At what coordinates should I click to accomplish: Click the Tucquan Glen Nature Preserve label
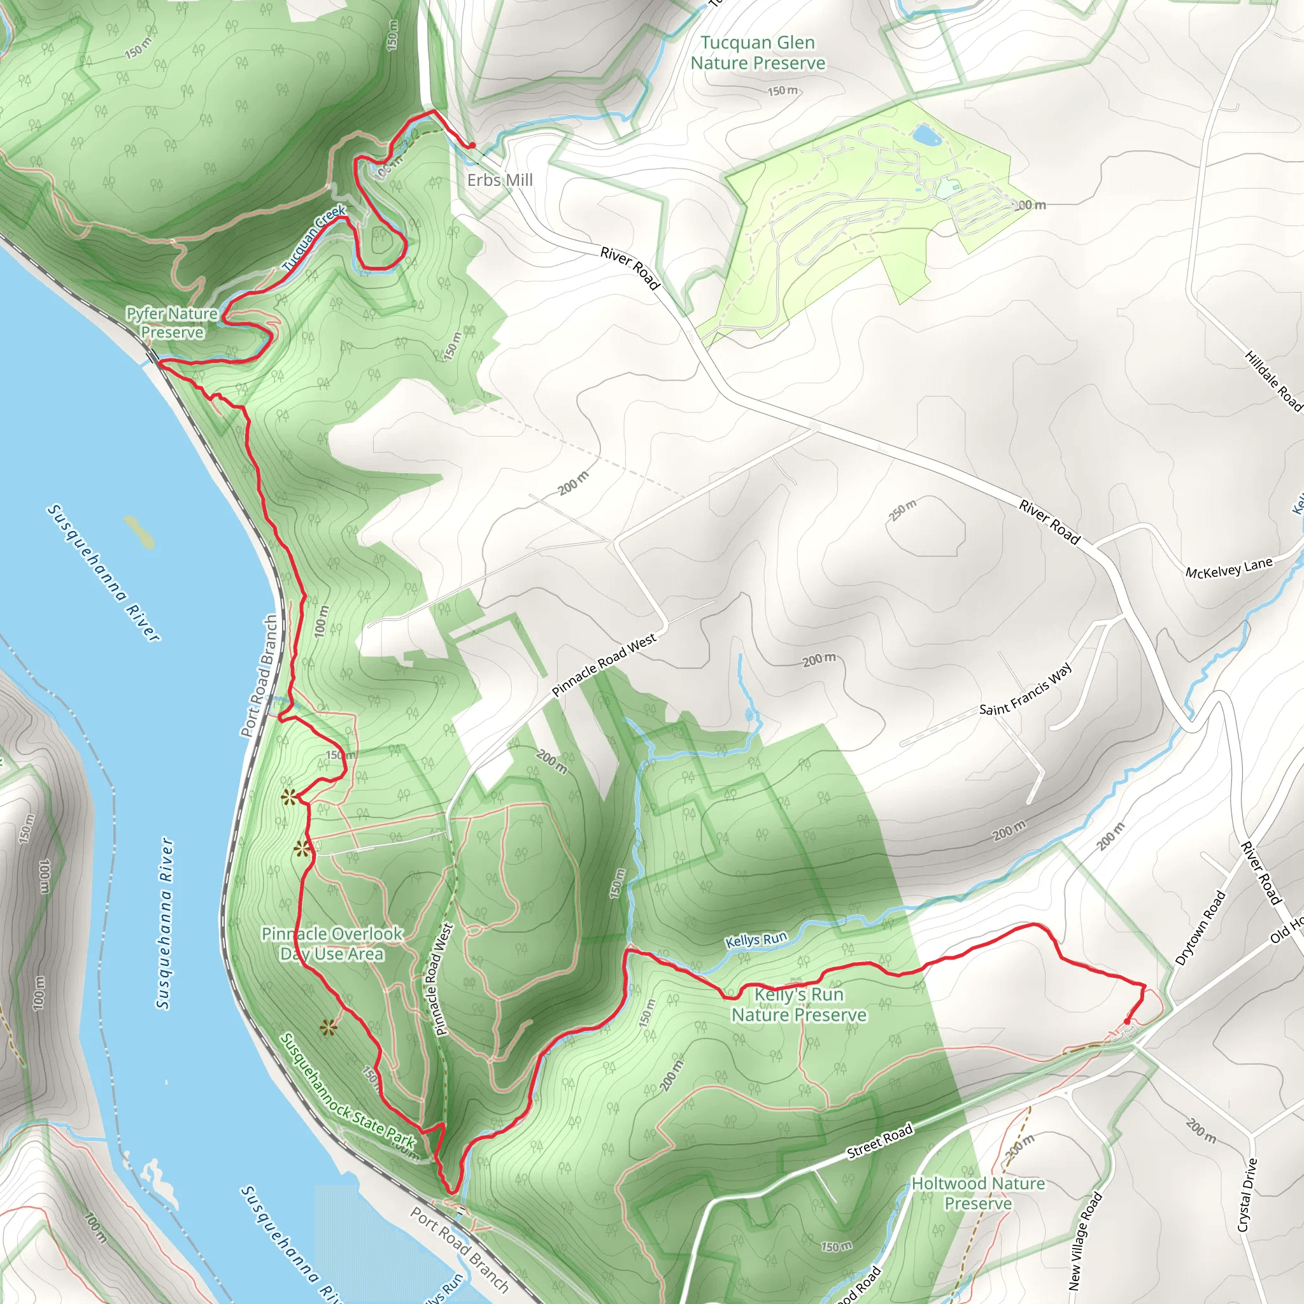pos(757,53)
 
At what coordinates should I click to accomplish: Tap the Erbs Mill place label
pos(499,180)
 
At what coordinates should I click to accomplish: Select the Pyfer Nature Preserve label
pos(172,323)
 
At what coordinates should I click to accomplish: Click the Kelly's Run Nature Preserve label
pos(798,1004)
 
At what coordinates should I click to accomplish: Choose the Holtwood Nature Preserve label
pos(977,1193)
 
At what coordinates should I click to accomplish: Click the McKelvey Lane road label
pos(1228,567)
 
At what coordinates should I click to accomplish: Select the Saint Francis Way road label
pos(1024,690)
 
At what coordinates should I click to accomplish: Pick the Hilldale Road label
pos(1273,380)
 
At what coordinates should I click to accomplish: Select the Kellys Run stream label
pos(756,940)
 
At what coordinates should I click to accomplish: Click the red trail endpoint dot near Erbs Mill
pos(472,145)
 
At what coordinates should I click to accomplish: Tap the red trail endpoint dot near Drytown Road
pos(1126,1022)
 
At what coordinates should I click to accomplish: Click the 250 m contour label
pos(902,510)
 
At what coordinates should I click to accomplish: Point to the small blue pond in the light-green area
pos(926,135)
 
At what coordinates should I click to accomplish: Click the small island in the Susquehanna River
pos(139,532)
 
